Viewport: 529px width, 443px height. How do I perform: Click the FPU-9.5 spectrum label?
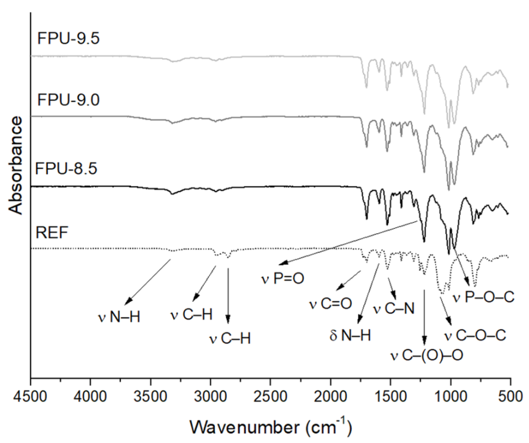point(68,39)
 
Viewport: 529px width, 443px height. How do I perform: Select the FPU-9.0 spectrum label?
point(68,100)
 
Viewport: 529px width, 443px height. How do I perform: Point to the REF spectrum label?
point(52,232)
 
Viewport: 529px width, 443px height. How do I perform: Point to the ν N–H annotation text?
point(119,317)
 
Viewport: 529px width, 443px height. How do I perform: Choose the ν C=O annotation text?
point(330,304)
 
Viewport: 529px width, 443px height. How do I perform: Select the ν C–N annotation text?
point(394,309)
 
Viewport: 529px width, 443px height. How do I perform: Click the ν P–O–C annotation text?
point(483,298)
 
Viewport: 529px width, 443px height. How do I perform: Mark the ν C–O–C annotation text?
point(475,336)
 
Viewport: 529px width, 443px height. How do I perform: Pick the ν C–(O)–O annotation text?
point(426,356)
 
